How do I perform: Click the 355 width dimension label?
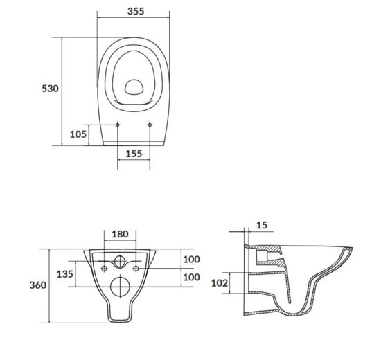136,11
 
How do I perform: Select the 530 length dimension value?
50,89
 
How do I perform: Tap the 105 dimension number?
78,134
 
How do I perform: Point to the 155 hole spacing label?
134,154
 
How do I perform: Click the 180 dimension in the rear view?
120,234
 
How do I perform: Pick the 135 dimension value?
65,274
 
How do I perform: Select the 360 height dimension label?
37,285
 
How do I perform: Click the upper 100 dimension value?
191,260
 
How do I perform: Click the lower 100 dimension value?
191,277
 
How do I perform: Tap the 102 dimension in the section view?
220,283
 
